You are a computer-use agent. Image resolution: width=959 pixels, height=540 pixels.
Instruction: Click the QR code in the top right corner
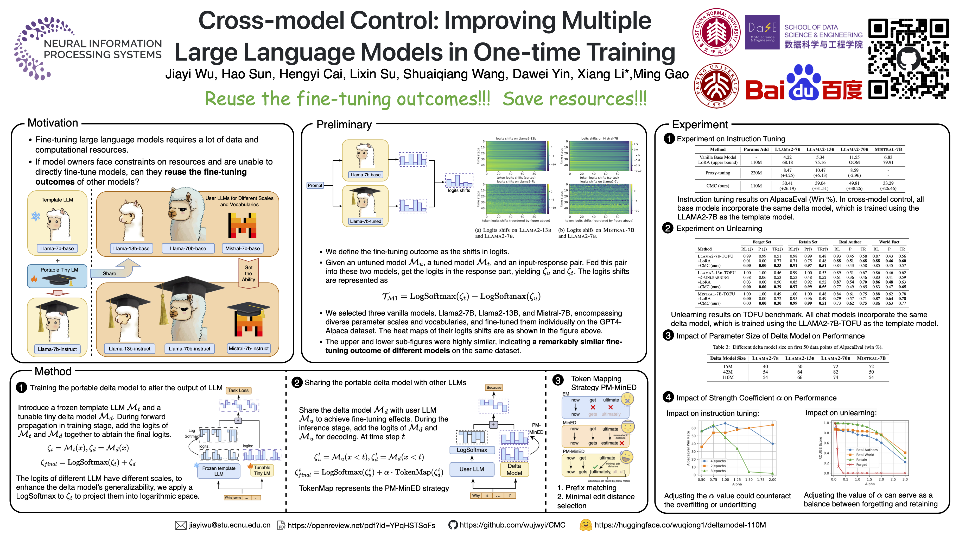click(x=908, y=59)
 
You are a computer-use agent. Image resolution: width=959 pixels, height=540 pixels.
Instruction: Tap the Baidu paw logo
click(x=804, y=83)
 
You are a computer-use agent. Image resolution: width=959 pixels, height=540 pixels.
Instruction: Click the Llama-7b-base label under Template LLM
click(x=57, y=248)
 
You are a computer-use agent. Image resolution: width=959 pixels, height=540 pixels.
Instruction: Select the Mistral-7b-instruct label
click(x=249, y=349)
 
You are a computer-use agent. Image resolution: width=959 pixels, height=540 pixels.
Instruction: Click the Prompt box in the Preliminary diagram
click(x=315, y=185)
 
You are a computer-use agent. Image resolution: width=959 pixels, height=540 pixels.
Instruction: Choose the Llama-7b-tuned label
click(x=365, y=221)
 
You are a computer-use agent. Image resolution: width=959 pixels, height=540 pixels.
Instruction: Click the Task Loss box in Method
click(x=238, y=390)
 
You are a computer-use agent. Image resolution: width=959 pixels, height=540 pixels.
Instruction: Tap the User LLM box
click(x=472, y=469)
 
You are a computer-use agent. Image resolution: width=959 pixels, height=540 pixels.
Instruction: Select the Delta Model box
click(x=514, y=469)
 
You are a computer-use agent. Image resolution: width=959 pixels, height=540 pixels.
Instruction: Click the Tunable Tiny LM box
click(x=262, y=470)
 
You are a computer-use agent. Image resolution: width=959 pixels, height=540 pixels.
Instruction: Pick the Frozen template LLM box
click(x=219, y=471)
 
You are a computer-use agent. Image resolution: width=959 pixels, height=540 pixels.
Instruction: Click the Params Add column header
click(x=756, y=149)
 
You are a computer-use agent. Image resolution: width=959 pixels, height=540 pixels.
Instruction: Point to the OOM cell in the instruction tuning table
click(x=854, y=162)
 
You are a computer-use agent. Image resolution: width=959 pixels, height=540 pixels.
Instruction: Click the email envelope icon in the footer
click(x=181, y=525)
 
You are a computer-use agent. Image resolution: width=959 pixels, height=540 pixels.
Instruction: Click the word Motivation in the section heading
click(x=53, y=123)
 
